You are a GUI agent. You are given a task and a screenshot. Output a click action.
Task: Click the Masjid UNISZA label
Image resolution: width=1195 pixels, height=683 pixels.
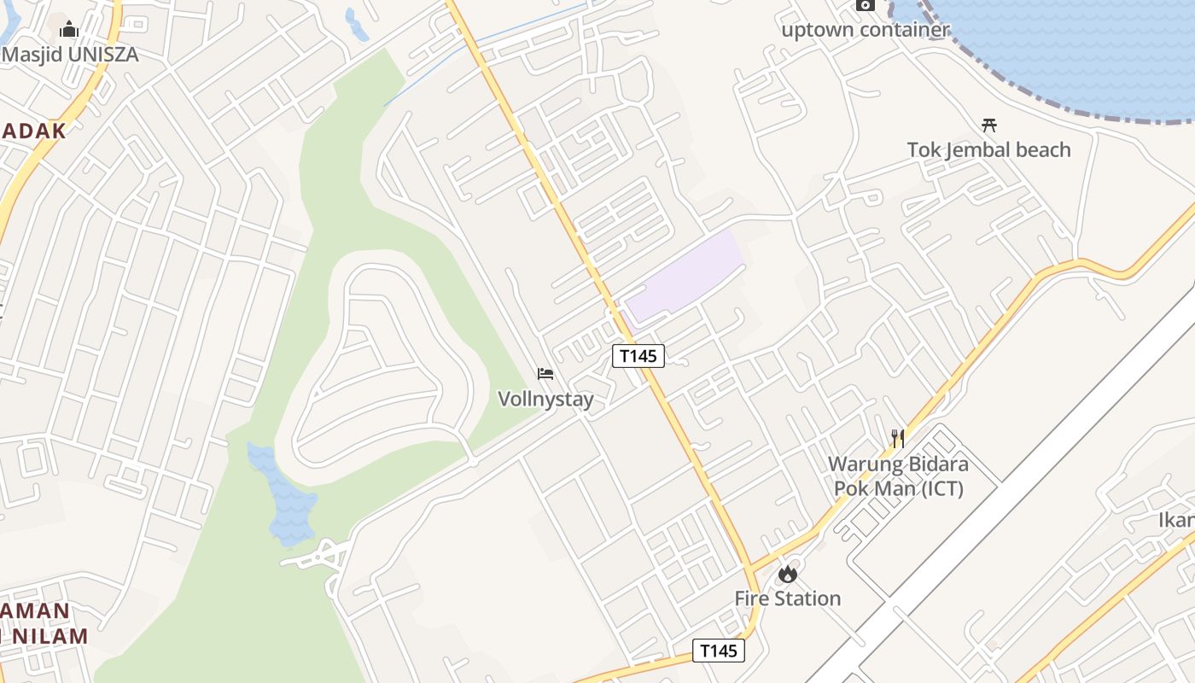[x=70, y=55]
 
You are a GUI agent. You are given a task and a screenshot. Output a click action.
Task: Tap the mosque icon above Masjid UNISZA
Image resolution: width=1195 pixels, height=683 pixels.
[x=69, y=30]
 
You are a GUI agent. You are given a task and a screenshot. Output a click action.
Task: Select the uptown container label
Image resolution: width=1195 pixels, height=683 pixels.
[x=866, y=30]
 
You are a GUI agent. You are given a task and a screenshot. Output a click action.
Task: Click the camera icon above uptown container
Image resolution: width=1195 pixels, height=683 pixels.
[x=866, y=5]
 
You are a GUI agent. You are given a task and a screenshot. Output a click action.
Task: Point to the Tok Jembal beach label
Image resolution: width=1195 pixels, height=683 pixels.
[x=988, y=150]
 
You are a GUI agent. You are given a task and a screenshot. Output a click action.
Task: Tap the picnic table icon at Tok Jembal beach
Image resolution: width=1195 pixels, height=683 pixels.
[x=989, y=125]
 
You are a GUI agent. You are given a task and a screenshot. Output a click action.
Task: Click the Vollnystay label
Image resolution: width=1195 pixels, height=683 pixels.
[x=545, y=399]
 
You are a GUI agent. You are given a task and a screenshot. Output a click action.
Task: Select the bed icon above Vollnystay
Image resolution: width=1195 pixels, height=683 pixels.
[x=545, y=374]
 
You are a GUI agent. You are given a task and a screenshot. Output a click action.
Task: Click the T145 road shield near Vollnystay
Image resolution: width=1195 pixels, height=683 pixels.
[x=638, y=356]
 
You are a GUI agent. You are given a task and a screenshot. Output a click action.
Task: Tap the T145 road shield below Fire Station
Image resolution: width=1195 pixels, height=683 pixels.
[x=718, y=651]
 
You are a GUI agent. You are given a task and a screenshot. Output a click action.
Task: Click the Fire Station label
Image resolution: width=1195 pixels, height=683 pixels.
[x=788, y=598]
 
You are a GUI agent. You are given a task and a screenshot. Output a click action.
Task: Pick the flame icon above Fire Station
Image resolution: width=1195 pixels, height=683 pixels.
[x=788, y=574]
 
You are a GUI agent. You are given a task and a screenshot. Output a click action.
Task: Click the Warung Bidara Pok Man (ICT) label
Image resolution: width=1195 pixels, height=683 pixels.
[x=898, y=476]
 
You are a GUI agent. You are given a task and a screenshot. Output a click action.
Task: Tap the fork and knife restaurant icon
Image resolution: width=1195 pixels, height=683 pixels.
[x=898, y=439]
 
